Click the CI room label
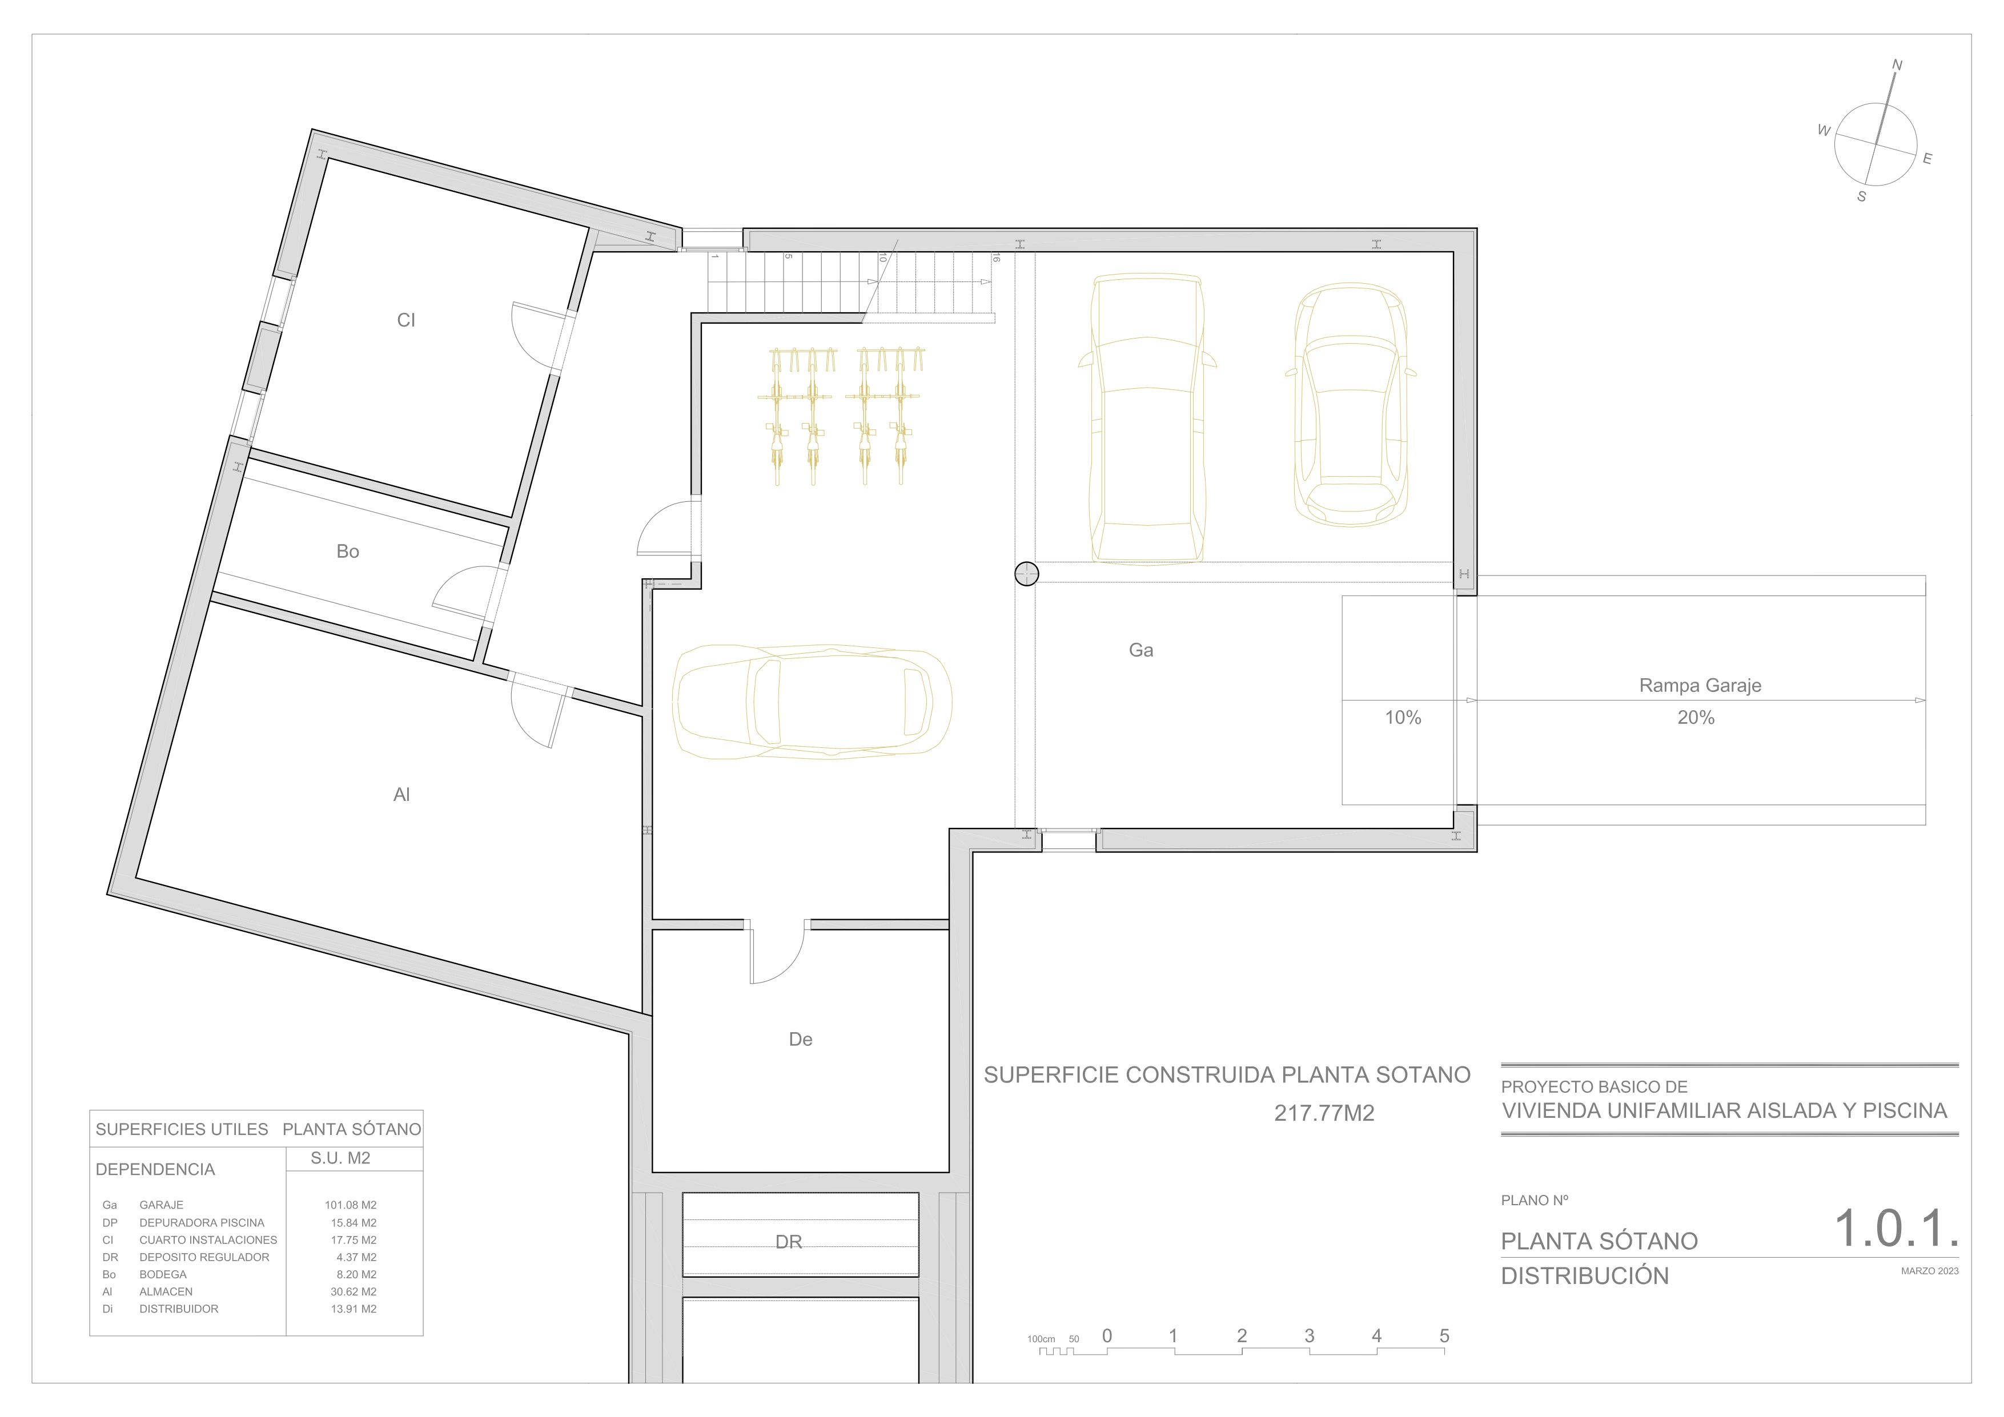406,320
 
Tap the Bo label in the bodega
347,551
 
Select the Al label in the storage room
401,795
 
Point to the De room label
800,1039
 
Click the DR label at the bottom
788,1242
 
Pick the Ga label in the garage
1141,650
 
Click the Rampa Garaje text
1700,686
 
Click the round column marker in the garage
1026,573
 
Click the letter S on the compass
1862,197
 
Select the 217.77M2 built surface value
1324,1113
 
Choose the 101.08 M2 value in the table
351,1205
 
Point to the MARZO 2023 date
1930,1271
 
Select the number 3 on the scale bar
1309,1336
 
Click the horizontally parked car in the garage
812,702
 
